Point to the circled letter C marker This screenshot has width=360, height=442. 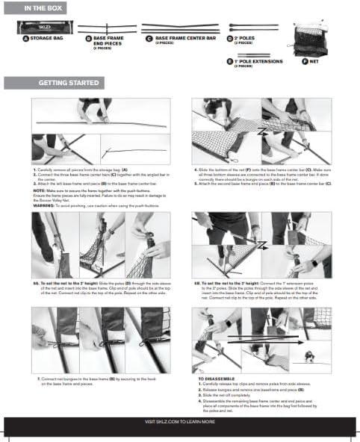[x=149, y=37]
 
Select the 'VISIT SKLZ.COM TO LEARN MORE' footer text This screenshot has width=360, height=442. [x=180, y=422]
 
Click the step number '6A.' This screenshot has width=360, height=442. [x=37, y=283]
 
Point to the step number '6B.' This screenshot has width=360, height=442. [x=197, y=283]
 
